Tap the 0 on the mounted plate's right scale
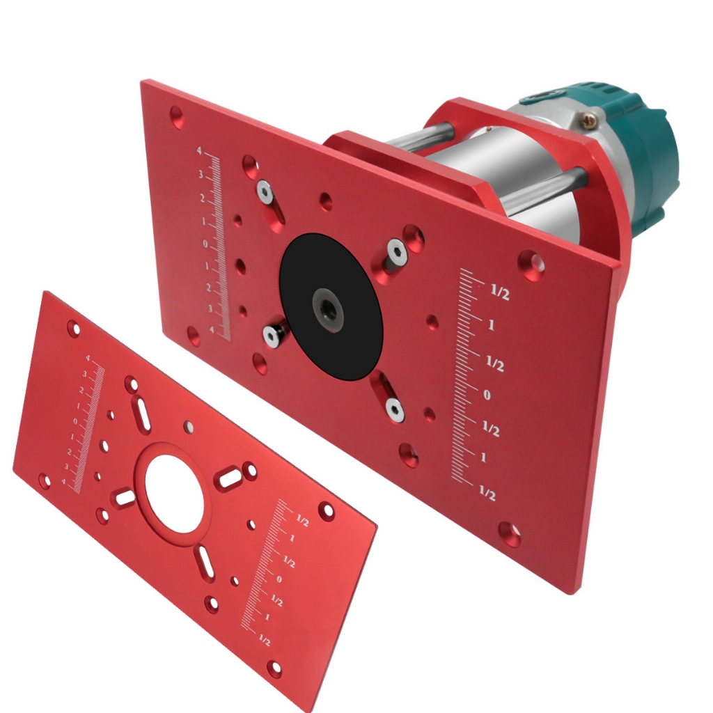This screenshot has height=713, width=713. [487, 395]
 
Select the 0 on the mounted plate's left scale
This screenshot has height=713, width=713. [205, 244]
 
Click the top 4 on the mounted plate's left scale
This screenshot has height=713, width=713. [199, 151]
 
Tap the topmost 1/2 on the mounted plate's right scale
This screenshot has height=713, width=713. [499, 294]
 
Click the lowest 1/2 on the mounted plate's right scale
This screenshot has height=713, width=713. [487, 494]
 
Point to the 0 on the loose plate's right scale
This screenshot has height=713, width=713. [279, 579]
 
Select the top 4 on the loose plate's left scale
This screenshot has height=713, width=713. [88, 358]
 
